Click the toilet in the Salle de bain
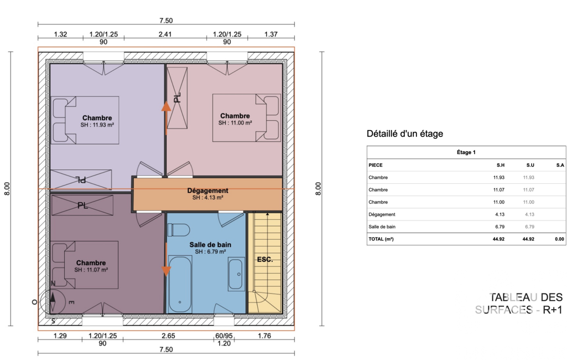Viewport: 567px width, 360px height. pos(179,230)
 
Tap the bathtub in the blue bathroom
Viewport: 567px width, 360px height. pos(180,284)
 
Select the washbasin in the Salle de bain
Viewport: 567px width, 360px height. pos(236,274)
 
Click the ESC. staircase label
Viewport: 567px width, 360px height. pos(265,260)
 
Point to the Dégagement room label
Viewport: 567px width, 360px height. pos(207,191)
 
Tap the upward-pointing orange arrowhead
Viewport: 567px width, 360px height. pos(166,106)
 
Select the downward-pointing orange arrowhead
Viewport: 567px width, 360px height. pos(166,271)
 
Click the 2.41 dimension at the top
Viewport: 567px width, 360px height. pos(165,34)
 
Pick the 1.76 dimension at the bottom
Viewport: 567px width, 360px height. pos(264,336)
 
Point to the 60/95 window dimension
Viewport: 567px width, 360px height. pos(224,336)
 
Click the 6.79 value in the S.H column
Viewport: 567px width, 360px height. pos(500,227)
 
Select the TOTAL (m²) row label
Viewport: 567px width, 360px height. pos(381,239)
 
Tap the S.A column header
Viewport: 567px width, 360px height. pos(560,165)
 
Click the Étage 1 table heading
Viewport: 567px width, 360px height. pos(466,152)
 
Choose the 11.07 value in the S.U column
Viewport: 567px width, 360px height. pos(529,190)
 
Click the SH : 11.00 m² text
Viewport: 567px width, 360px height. pos(235,123)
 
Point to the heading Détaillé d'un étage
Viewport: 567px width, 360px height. pos(404,133)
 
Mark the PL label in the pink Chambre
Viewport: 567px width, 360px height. pos(177,98)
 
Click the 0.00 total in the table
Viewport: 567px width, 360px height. pos(559,239)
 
